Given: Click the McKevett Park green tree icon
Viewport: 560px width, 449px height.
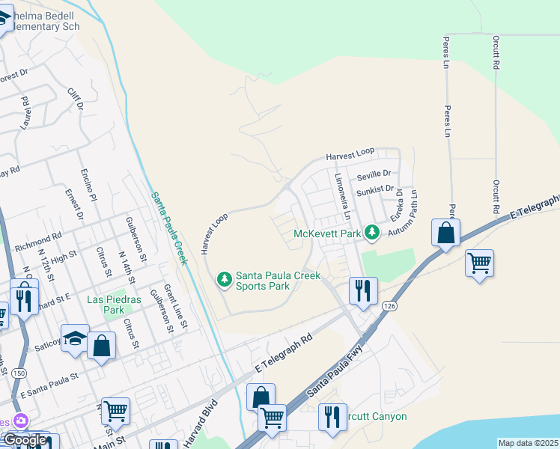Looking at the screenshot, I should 371,233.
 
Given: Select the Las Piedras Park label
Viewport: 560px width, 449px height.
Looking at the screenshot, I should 114,305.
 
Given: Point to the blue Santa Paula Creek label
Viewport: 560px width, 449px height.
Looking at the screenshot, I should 168,228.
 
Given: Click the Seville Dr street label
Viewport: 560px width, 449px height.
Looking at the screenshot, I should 374,176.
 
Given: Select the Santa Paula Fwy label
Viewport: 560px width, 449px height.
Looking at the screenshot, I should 335,376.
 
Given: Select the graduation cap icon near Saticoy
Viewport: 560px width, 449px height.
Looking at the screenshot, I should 74,337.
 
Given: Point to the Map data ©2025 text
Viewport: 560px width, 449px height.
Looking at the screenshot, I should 528,443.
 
